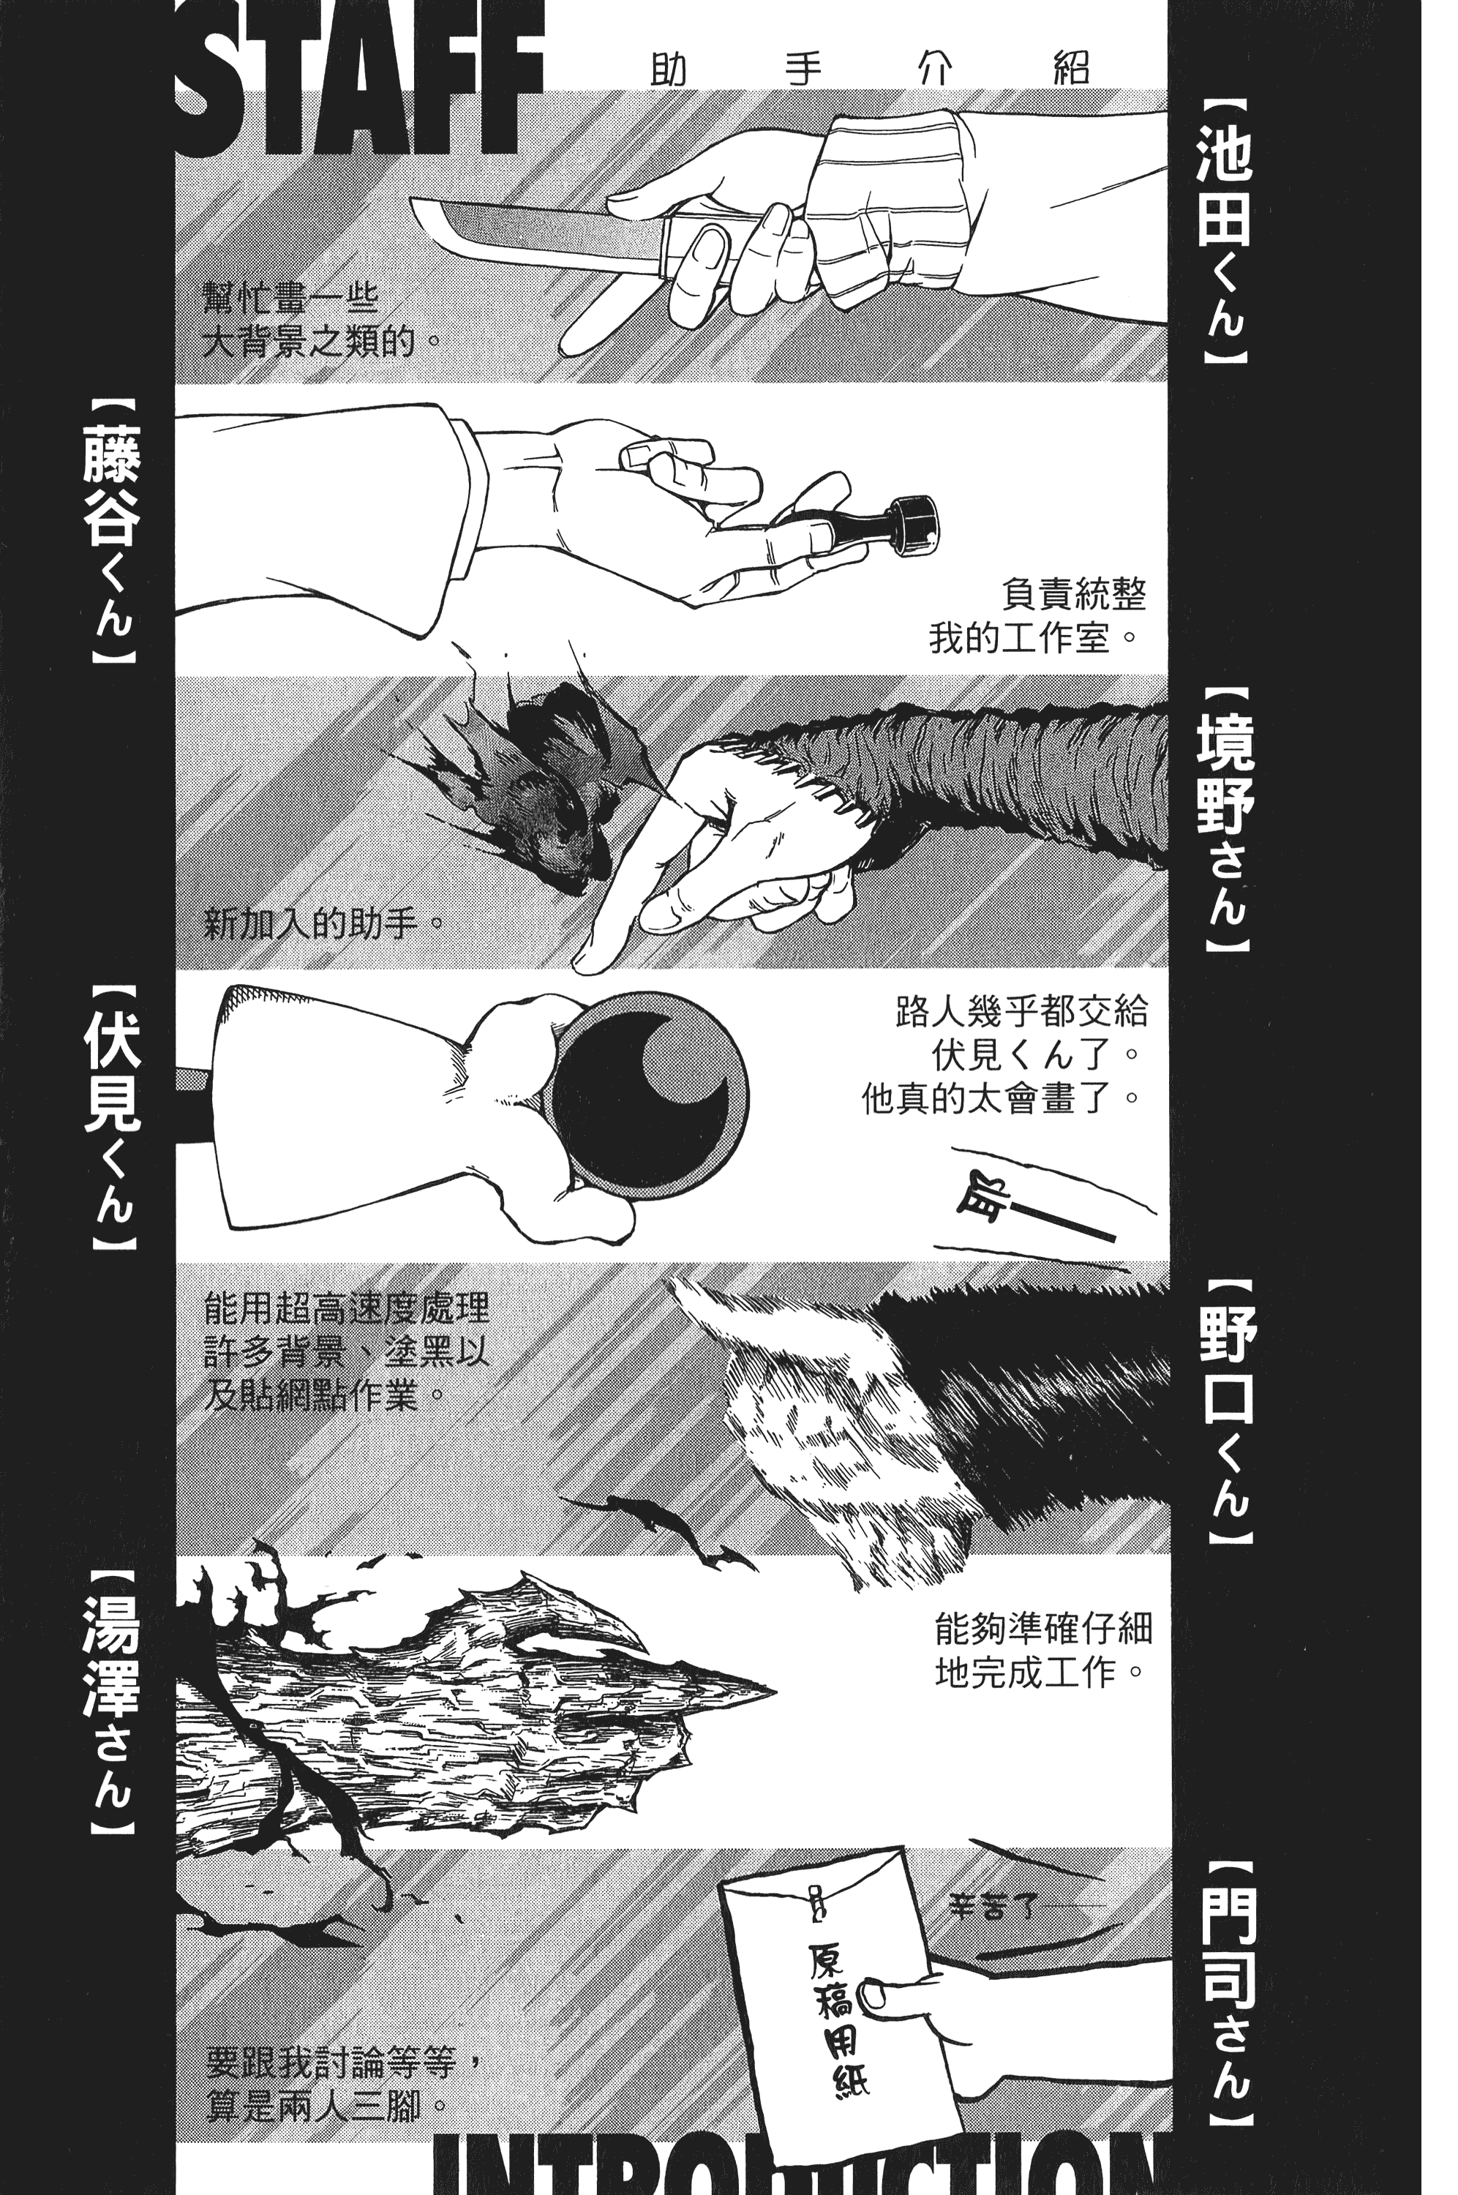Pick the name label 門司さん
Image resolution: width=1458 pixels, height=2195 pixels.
[x=1229, y=1985]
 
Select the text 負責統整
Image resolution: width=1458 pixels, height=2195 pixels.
[x=1074, y=594]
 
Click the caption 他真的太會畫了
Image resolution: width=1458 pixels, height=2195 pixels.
[x=999, y=1100]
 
